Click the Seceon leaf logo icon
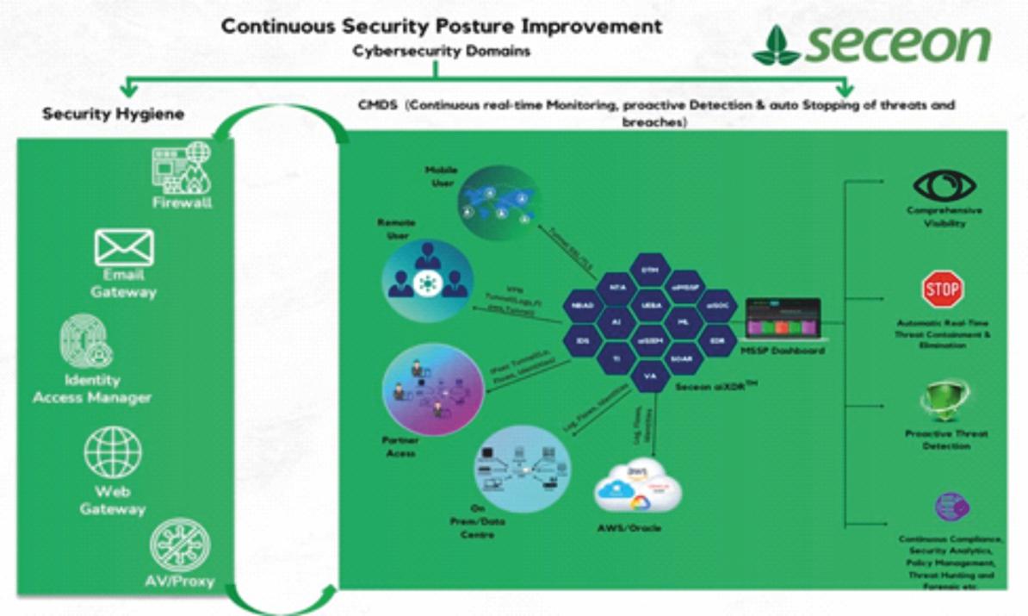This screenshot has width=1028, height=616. coord(776,46)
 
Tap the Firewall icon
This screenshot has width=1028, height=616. coord(181,167)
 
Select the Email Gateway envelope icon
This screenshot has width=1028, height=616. coord(124,247)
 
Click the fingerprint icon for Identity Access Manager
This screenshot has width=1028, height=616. coord(87,342)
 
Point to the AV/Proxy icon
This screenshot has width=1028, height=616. coord(179,543)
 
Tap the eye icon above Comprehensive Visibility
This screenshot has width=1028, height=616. coord(944,184)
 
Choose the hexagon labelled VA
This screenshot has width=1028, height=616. coord(650,376)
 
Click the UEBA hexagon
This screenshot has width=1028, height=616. coord(650,305)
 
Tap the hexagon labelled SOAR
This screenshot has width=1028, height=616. coord(683,358)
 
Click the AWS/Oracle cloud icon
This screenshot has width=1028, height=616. coord(638,488)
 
